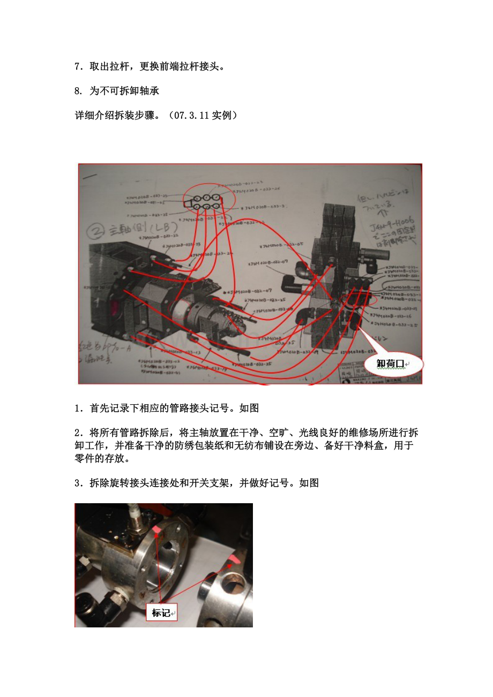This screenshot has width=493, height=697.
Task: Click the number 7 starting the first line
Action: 77,67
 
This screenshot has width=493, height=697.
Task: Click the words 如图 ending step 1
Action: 249,408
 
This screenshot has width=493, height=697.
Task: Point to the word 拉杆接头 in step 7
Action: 204,67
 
